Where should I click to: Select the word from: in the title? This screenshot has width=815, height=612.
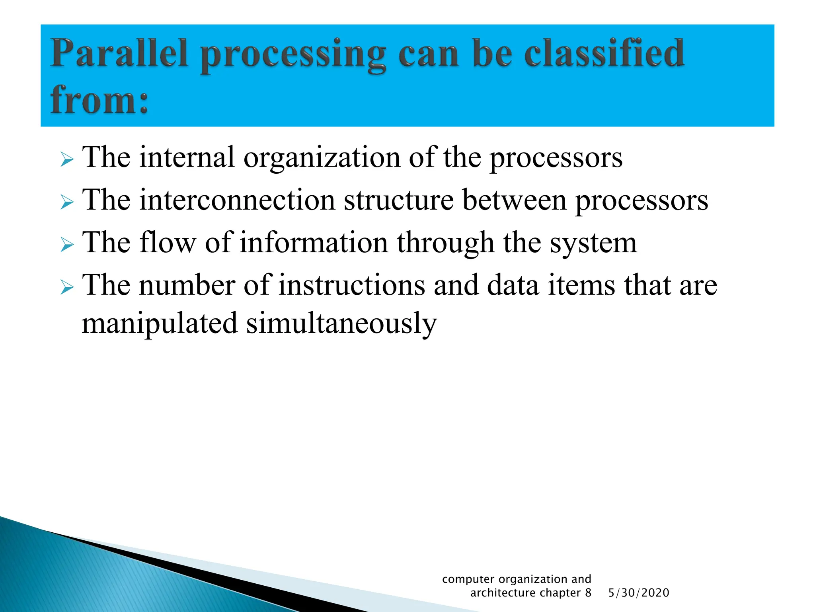pos(99,100)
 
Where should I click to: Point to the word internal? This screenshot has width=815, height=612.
pos(187,157)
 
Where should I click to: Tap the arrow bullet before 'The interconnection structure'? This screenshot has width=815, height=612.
pos(67,203)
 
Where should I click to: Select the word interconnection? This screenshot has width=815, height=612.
pos(237,200)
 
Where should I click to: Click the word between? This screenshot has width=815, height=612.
pos(514,200)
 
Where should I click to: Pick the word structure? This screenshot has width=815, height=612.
pos(399,200)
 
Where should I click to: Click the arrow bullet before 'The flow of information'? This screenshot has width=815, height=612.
pos(67,245)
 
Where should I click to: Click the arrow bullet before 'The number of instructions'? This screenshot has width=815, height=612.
pos(67,288)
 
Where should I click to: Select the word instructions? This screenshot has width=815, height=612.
pos(351,285)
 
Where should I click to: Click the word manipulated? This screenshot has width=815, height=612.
pos(160,324)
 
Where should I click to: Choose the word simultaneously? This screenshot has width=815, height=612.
pos(341,324)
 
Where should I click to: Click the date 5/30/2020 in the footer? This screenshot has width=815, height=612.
pos(639,593)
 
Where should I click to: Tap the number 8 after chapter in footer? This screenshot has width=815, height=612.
pos(588,593)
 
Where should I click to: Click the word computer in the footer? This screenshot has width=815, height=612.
pos(468,579)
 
